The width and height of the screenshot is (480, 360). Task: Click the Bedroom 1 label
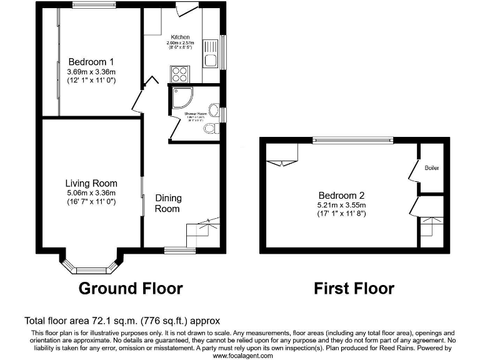[x=91, y=62]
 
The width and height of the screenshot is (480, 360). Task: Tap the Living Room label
[x=91, y=183]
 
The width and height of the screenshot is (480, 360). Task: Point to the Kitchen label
[x=181, y=37]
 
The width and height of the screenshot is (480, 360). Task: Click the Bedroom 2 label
[x=341, y=194]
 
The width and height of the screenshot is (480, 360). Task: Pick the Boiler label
[x=432, y=168]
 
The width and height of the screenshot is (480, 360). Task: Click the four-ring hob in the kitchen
[x=179, y=74]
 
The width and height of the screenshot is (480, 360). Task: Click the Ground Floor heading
[x=131, y=288]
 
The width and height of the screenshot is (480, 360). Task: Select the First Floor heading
[x=354, y=288]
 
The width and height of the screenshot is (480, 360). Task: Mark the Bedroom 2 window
[x=352, y=139]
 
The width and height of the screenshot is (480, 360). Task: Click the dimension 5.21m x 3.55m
[x=341, y=205]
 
